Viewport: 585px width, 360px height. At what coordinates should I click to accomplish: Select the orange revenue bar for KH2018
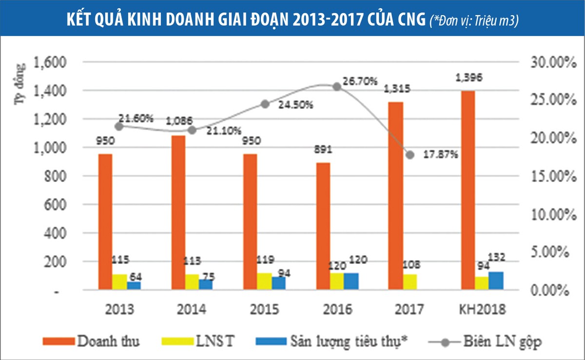[x=468, y=190]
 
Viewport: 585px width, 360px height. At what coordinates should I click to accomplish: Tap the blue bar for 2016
[x=351, y=281]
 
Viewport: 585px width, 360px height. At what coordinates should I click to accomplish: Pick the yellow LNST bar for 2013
[x=119, y=281]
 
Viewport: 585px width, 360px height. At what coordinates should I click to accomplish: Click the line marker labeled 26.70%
[x=336, y=86]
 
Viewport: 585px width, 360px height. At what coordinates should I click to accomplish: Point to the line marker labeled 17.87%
[x=410, y=155]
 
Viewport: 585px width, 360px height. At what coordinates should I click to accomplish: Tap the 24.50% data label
[x=296, y=105]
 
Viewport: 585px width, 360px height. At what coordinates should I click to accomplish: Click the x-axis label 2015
[x=265, y=310]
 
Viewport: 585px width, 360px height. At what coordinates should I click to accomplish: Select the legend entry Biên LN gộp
[x=503, y=341]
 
